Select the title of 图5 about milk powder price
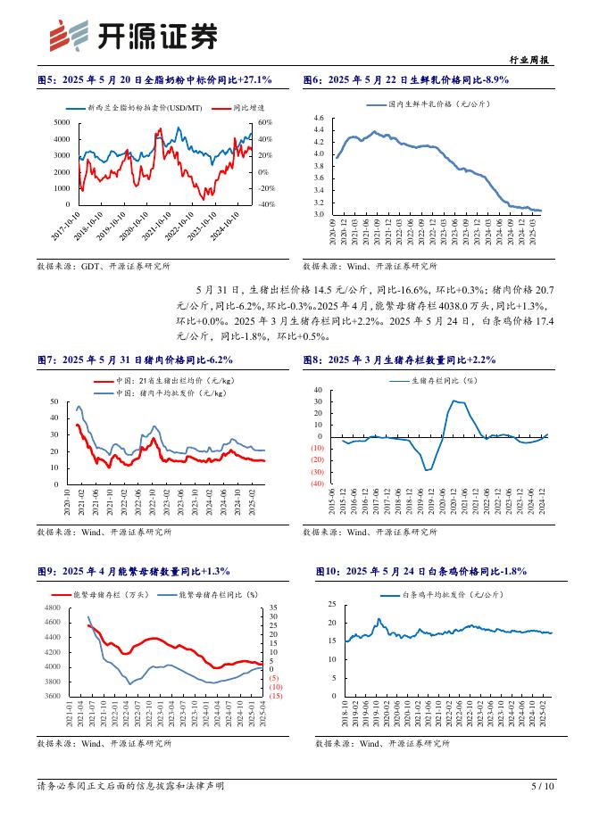[x=154, y=80]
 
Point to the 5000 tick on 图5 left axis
[x=62, y=122]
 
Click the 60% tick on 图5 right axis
[x=264, y=122]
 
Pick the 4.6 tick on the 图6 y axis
[x=318, y=118]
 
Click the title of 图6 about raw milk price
[x=406, y=80]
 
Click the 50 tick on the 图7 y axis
[x=54, y=402]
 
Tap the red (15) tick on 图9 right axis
[x=276, y=696]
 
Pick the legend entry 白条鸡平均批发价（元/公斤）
[x=452, y=593]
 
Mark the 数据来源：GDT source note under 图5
[x=104, y=266]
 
